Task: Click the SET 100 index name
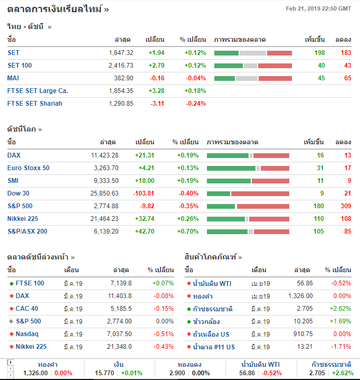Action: click(x=20, y=65)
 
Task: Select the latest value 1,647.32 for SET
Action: click(x=121, y=52)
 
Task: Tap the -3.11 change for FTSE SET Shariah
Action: click(x=157, y=103)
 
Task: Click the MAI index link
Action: click(x=13, y=78)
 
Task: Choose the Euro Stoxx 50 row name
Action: click(x=28, y=168)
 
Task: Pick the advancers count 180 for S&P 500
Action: click(x=318, y=206)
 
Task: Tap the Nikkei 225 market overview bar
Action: click(x=248, y=218)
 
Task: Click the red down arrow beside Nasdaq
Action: click(x=12, y=334)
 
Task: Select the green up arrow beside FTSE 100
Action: click(x=12, y=283)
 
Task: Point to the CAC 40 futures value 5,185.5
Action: click(x=121, y=308)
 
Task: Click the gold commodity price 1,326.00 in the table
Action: click(x=300, y=295)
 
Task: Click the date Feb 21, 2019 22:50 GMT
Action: click(x=318, y=8)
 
